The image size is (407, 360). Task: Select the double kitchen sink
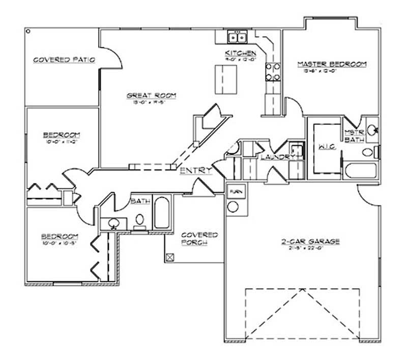pos(237,37)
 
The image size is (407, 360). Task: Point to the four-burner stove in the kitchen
pos(274,72)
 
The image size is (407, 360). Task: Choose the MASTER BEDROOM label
pos(332,64)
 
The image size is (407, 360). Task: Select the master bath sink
pos(372,129)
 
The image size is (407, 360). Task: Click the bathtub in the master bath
pos(361,170)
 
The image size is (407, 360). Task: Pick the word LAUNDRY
pos(275,157)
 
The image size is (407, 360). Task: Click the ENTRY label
pos(195,171)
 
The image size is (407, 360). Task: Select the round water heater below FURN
pos(233,206)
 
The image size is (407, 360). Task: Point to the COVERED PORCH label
pos(199,239)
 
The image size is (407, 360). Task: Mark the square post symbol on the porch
pos(171,257)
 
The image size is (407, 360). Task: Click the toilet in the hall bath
pos(139,220)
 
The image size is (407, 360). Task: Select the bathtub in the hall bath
pos(161,212)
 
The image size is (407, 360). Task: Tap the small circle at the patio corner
pos(27,31)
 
